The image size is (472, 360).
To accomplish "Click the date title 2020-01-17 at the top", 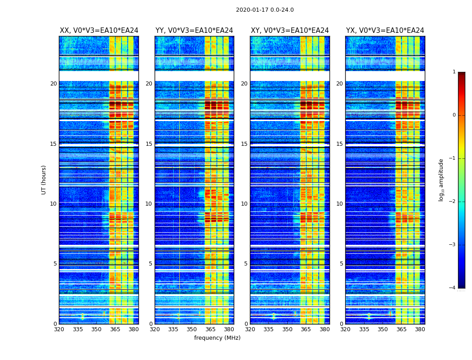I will (265, 10).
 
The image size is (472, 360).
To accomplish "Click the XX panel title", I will (99, 31).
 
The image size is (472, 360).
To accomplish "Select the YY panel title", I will (194, 31).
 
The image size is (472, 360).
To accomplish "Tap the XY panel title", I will (290, 31).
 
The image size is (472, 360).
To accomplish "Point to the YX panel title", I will (385, 31).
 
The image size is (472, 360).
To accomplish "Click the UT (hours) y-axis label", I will (44, 180).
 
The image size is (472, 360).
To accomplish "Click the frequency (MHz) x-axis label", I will (217, 338).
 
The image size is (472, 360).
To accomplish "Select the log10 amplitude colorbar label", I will (441, 180).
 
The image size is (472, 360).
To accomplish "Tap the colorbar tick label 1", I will (454, 72).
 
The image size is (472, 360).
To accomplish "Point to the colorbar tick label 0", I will (454, 115).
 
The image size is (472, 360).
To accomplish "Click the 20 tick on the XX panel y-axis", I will (53, 84).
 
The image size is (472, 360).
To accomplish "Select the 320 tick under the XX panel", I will (59, 329).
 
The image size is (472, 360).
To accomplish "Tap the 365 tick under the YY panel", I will (211, 329).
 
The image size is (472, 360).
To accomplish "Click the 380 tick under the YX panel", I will (420, 329).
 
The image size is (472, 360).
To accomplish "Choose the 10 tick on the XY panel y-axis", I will (245, 204).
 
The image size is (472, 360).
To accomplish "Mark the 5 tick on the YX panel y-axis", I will (341, 264).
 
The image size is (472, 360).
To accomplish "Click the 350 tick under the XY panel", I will (287, 329).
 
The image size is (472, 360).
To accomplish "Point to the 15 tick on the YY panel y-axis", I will (149, 144).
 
